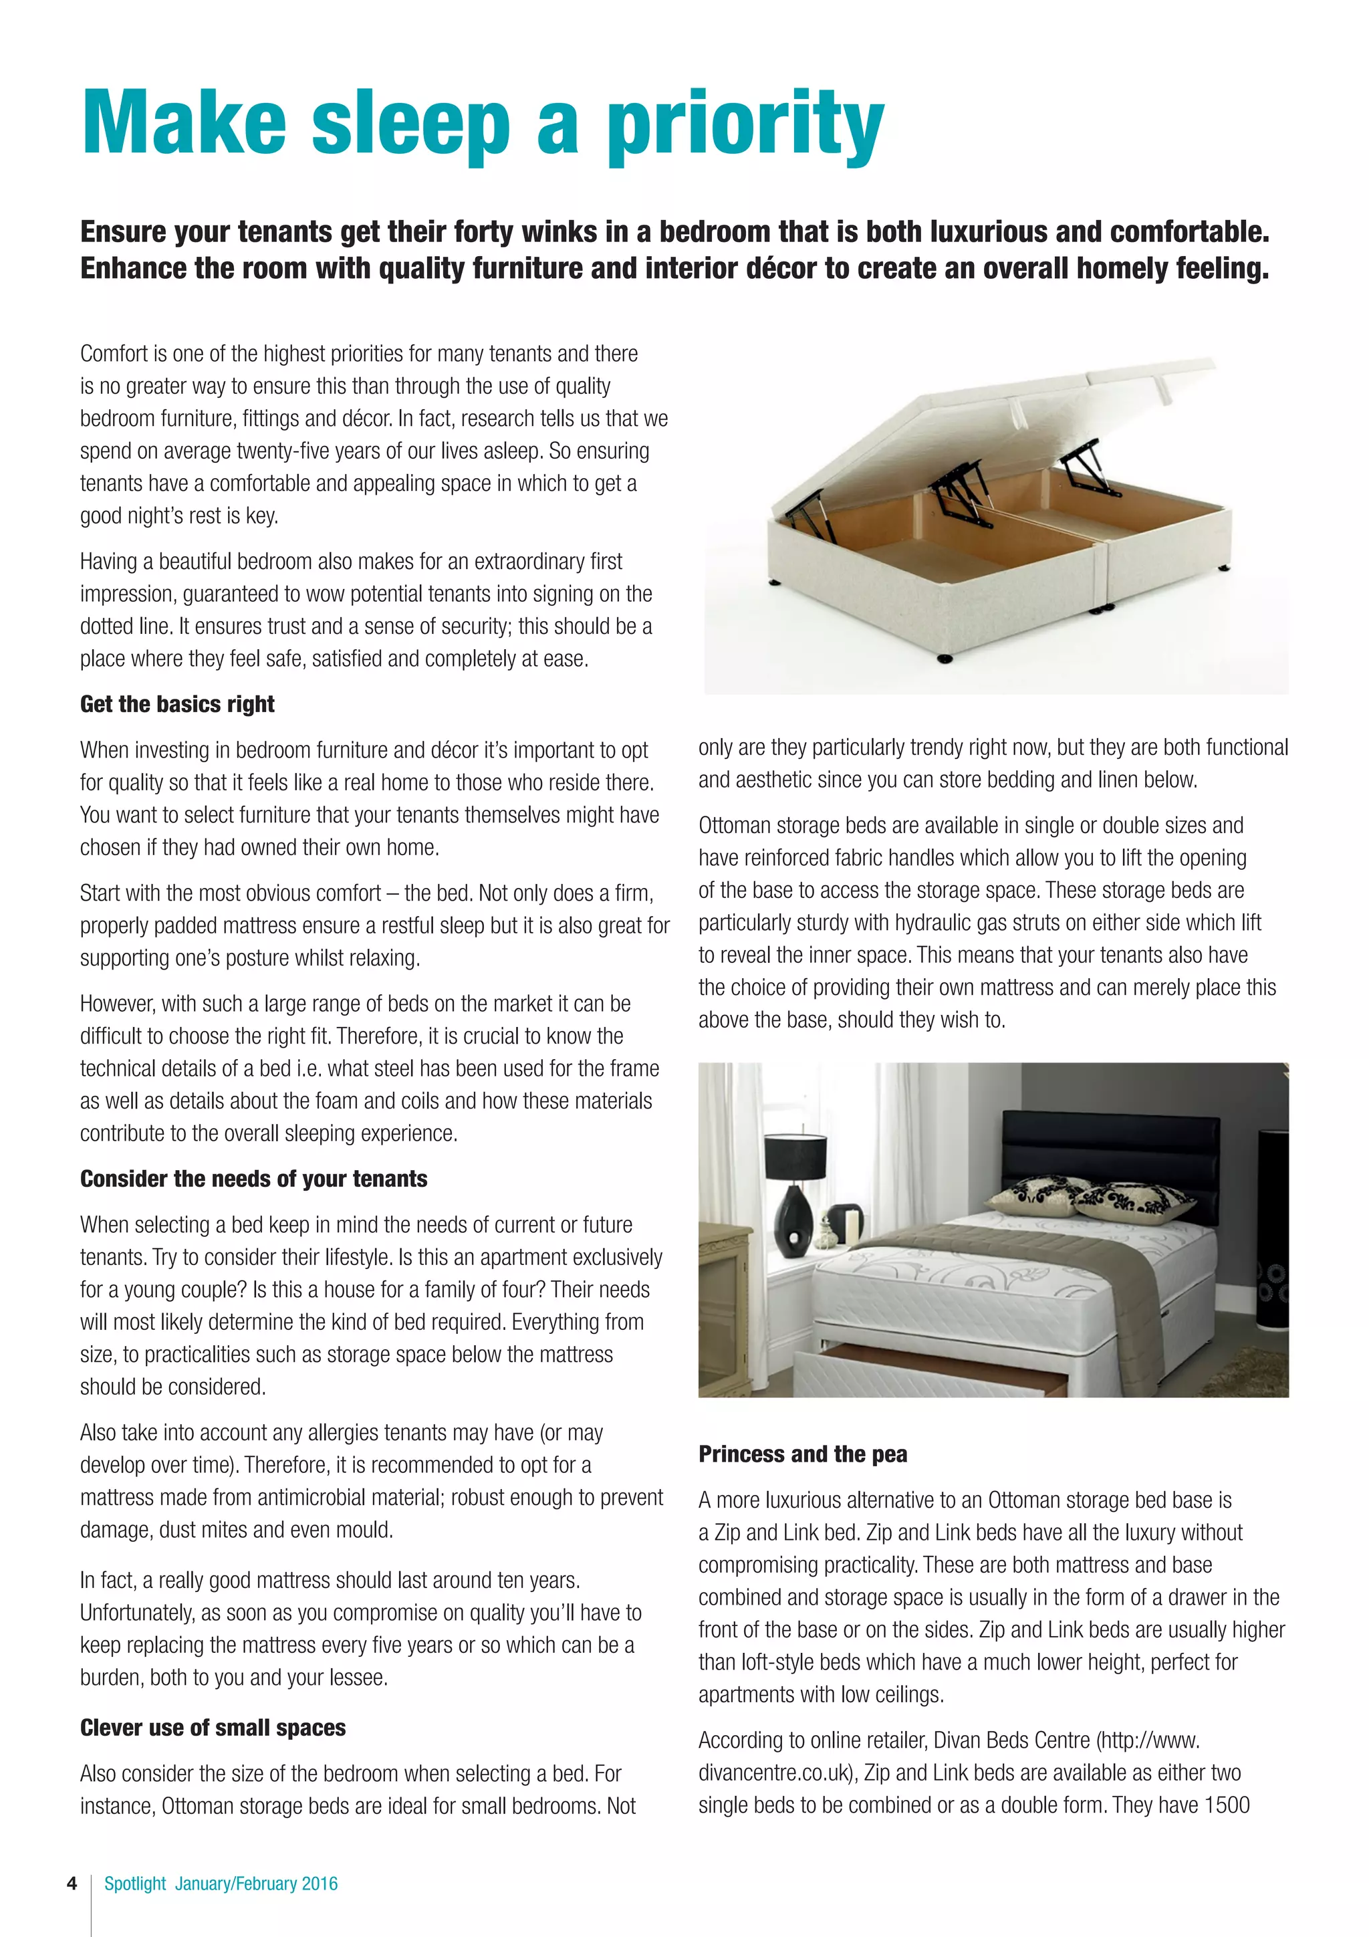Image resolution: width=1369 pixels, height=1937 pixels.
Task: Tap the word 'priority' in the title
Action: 745,126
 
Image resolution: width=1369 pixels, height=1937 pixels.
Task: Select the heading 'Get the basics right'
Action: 177,705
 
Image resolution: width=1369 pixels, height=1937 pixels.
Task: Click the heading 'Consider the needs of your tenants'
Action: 253,1179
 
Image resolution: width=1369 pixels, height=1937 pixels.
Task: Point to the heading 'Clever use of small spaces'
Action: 213,1728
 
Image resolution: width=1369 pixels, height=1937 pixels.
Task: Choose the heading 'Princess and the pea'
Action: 802,1454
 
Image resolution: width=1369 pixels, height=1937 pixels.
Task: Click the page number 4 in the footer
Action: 72,1884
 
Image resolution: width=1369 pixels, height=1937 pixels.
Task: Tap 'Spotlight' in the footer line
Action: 135,1884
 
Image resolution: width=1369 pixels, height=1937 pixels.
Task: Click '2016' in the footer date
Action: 320,1884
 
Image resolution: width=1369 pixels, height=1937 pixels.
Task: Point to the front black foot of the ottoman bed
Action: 945,658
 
